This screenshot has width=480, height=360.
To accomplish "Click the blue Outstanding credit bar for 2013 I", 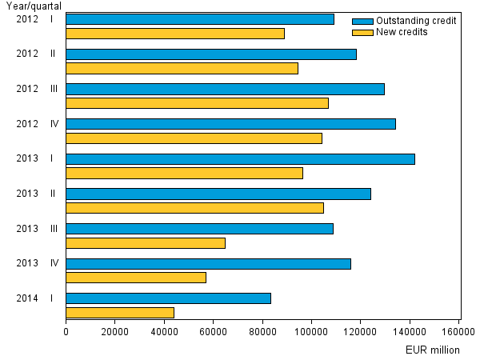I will coord(240,158).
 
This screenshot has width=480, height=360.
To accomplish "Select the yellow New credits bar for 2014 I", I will coord(120,312).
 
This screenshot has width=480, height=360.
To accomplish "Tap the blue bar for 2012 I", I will coord(200,19).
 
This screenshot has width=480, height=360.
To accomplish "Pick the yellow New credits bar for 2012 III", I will coord(197,103).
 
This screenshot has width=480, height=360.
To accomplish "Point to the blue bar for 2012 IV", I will coord(230,123).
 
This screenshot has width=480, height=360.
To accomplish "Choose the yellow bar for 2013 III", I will coord(146,242).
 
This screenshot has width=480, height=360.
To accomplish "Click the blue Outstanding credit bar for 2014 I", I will coord(168,298).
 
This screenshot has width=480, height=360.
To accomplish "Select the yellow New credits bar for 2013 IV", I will coord(136,278).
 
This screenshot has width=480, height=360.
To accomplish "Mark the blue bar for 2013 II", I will coord(218,194).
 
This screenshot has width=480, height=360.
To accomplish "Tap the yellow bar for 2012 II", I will coord(182,68).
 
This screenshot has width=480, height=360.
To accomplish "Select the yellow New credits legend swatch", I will coord(362,32).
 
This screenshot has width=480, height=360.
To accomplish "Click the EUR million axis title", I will coord(432,350).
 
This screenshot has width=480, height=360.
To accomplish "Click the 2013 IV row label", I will coord(37,262).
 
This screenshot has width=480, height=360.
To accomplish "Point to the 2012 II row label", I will coord(37,54).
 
